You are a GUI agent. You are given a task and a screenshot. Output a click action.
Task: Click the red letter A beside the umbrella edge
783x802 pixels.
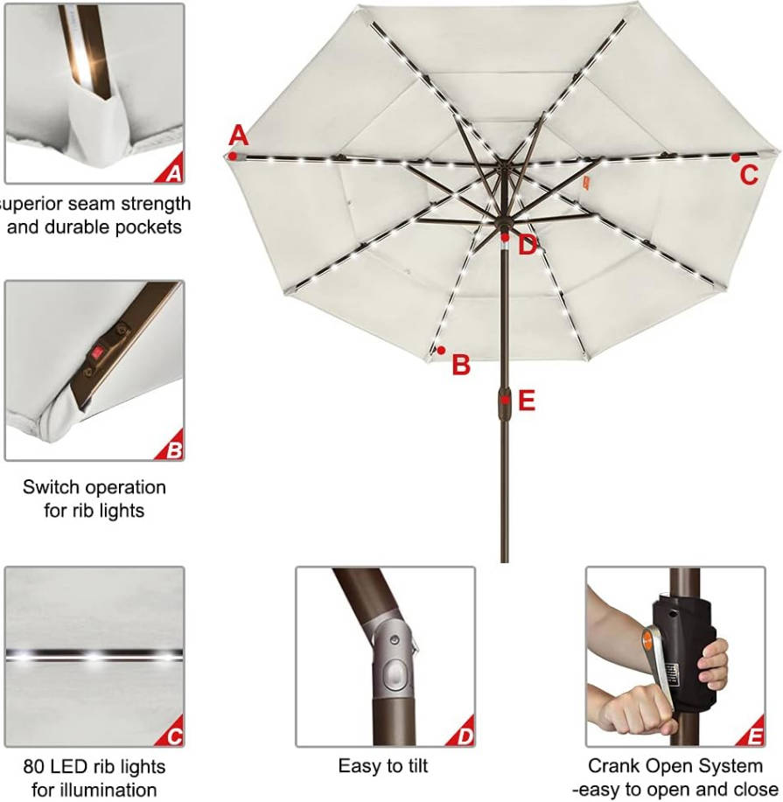(x=238, y=136)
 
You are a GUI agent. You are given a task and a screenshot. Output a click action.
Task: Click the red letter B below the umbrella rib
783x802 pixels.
(x=461, y=365)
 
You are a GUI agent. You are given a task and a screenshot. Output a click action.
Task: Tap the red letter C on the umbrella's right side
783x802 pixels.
(x=749, y=176)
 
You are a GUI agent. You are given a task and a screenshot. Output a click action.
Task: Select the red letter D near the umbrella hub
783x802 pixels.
(x=528, y=246)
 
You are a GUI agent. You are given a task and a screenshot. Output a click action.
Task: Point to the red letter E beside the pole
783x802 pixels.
(x=527, y=401)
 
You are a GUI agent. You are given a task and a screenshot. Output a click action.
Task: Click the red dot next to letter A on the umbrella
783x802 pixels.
(x=233, y=156)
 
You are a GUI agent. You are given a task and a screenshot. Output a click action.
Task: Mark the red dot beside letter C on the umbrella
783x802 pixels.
(x=736, y=158)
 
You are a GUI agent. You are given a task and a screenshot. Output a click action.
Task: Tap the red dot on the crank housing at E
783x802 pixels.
(x=505, y=400)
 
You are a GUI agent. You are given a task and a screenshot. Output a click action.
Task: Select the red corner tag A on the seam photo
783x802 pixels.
(x=170, y=168)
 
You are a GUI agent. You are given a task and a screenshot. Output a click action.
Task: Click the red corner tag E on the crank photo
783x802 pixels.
(x=751, y=731)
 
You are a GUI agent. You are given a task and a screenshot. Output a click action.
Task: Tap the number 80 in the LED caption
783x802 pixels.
(x=34, y=767)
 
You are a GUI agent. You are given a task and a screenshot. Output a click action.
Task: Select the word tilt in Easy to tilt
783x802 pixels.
(x=414, y=765)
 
